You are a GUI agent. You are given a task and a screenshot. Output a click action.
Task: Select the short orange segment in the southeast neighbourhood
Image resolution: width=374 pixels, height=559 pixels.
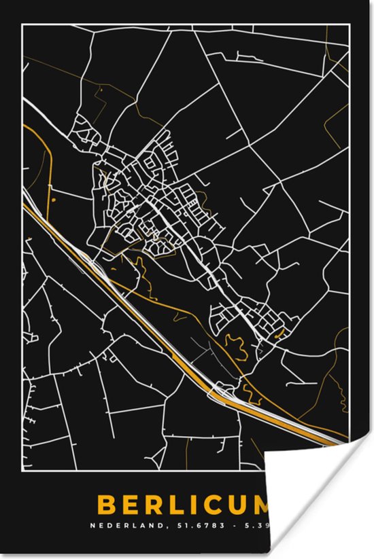pyautogui.click(x=279, y=333)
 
